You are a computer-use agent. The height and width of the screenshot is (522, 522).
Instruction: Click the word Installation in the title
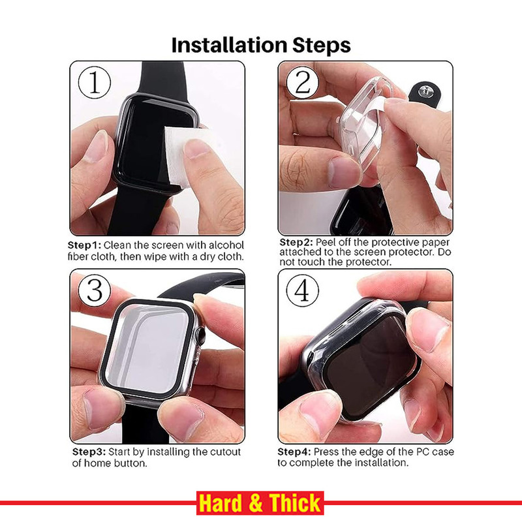(229, 45)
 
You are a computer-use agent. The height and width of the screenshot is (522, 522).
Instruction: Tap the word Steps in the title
(321, 46)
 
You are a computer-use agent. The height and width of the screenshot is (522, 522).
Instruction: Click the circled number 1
(95, 83)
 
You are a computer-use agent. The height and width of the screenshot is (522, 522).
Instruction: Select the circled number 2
(303, 82)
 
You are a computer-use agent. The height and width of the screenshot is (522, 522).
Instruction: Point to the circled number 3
(95, 290)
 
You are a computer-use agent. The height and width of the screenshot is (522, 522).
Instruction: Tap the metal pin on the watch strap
(425, 91)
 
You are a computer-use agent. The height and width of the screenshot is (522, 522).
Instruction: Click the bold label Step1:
(84, 245)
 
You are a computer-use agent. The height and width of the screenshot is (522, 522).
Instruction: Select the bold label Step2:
(296, 242)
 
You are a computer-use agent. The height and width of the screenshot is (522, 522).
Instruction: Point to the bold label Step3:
(89, 452)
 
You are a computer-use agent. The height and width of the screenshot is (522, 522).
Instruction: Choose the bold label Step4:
(294, 452)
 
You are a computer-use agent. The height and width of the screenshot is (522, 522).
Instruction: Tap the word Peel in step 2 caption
(326, 242)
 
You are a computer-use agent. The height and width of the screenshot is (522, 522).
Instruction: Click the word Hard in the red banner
(221, 503)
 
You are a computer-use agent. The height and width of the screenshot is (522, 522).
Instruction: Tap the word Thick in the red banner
(295, 503)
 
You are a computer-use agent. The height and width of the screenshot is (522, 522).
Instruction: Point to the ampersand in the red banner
(256, 503)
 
